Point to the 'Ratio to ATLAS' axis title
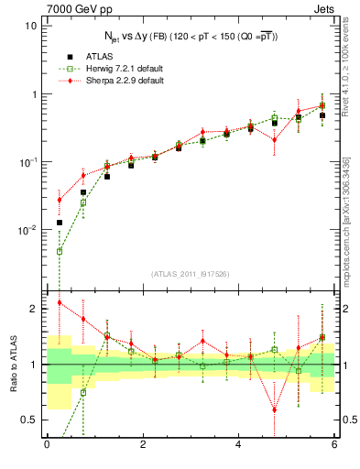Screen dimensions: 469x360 click(x=13, y=364)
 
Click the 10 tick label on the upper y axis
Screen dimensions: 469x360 click(x=31, y=26)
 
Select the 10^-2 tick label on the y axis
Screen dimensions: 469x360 click(x=27, y=230)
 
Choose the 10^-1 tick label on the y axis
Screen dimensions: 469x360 click(x=27, y=162)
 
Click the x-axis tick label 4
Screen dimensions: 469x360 click(x=238, y=445)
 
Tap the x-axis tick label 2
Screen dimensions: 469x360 click(x=142, y=445)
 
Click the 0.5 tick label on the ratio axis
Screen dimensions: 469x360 click(x=30, y=420)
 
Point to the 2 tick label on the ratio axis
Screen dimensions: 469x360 click(x=35, y=309)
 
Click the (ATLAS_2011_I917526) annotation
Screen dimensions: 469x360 click(x=190, y=275)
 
